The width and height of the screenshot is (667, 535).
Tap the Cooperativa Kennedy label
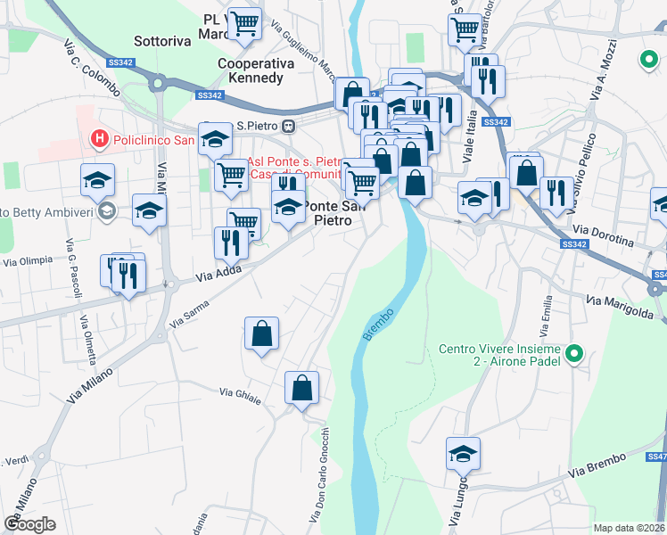[x=251, y=71]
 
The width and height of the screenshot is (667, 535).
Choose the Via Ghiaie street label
[x=240, y=396]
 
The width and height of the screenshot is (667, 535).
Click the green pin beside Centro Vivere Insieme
[x=575, y=356]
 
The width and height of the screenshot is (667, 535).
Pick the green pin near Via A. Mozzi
[x=648, y=61]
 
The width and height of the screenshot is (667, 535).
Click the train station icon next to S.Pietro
[x=288, y=127]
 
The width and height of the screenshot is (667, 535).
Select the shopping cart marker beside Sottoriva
[x=243, y=24]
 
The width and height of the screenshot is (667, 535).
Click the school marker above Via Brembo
[x=463, y=454]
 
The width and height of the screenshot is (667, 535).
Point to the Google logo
[x=30, y=523]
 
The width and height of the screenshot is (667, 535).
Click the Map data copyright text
[x=629, y=528]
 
